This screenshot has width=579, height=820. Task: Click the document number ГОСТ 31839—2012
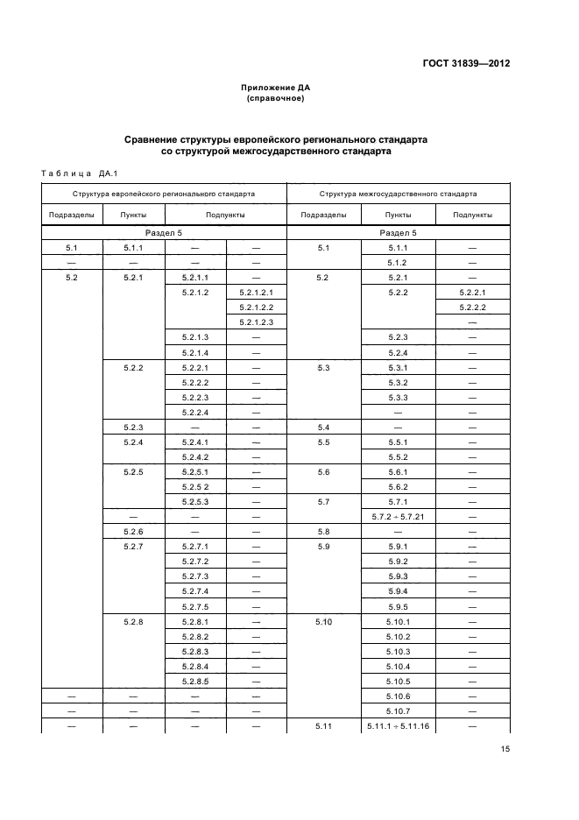click(x=468, y=64)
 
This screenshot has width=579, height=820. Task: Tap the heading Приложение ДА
click(x=276, y=88)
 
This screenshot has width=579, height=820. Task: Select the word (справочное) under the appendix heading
click(x=276, y=98)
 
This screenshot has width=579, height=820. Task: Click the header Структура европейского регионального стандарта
click(x=164, y=193)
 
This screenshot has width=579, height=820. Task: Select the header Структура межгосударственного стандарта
click(x=399, y=193)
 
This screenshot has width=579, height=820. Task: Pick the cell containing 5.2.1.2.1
click(x=256, y=292)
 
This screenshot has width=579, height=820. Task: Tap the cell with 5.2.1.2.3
click(x=256, y=322)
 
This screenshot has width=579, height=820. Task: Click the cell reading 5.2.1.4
click(x=194, y=352)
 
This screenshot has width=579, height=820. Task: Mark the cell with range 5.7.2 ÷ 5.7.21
click(x=398, y=517)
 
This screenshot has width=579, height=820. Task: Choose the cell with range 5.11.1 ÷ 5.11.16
click(x=398, y=726)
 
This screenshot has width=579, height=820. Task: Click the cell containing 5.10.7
click(x=398, y=711)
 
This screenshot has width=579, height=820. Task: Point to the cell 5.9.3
click(x=398, y=576)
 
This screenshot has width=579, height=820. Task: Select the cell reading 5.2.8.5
click(x=194, y=681)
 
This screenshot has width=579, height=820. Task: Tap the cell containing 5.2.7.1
click(x=194, y=547)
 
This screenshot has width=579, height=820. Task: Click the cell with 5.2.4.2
click(x=194, y=456)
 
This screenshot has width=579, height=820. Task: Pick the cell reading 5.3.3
click(x=398, y=397)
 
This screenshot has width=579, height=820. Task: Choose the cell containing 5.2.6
click(x=133, y=532)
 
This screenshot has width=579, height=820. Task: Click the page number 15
click(x=505, y=749)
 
